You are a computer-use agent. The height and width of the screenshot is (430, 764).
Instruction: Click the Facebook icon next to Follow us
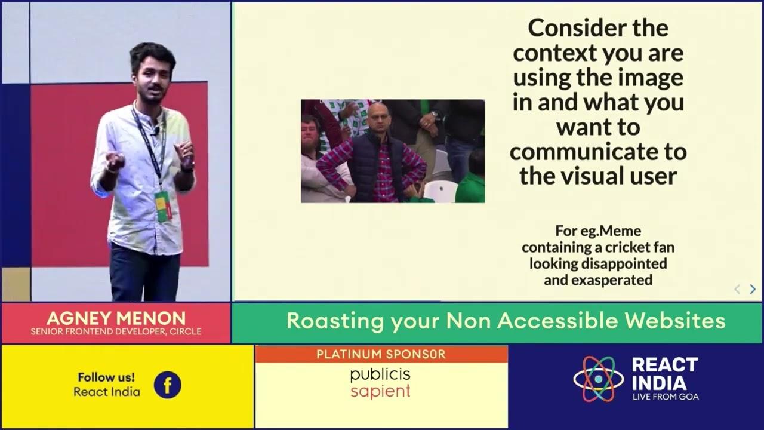[167, 385]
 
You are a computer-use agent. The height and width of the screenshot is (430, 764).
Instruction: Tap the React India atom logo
[597, 379]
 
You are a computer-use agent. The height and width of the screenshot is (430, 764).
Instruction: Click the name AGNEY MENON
[116, 318]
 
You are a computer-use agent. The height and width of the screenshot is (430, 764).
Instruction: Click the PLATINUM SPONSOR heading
[381, 354]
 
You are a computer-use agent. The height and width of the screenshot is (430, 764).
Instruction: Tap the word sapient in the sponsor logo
[380, 392]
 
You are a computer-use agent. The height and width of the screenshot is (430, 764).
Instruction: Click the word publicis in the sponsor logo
[380, 375]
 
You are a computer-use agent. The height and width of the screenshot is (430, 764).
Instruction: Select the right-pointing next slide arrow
[752, 290]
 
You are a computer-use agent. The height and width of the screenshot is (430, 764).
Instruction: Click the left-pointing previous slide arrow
[737, 290]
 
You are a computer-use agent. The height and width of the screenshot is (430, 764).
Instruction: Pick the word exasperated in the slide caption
[597, 279]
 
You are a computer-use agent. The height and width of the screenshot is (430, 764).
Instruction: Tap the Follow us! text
[106, 377]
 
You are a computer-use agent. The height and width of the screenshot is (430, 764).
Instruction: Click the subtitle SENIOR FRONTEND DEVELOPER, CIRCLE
[116, 331]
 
